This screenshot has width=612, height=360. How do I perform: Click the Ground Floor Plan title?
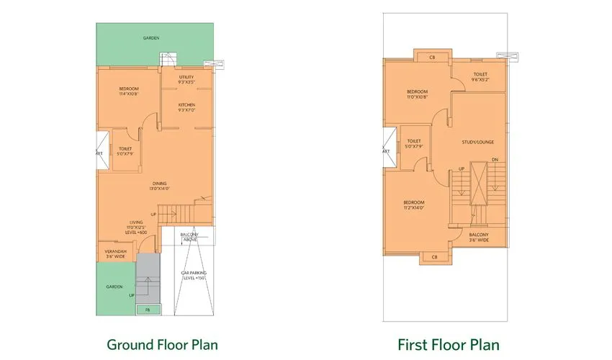162,344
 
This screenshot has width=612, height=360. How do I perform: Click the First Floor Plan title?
449,344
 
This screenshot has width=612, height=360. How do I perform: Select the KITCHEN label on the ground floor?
186,107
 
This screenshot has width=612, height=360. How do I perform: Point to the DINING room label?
159,186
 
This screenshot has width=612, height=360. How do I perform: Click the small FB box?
148,310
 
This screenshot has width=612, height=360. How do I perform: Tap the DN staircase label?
495,159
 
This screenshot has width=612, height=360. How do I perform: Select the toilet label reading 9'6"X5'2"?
480,77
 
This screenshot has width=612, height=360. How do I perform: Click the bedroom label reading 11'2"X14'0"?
414,205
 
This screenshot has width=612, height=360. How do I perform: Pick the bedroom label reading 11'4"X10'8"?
129,91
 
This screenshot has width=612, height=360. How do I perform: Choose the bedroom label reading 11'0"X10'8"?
417,94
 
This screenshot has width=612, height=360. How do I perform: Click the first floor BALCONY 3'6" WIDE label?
479,238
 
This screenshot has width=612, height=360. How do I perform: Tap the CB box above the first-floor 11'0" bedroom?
432,57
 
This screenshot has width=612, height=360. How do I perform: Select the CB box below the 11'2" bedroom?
433,257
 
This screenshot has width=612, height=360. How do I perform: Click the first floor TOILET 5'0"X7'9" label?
413,144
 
